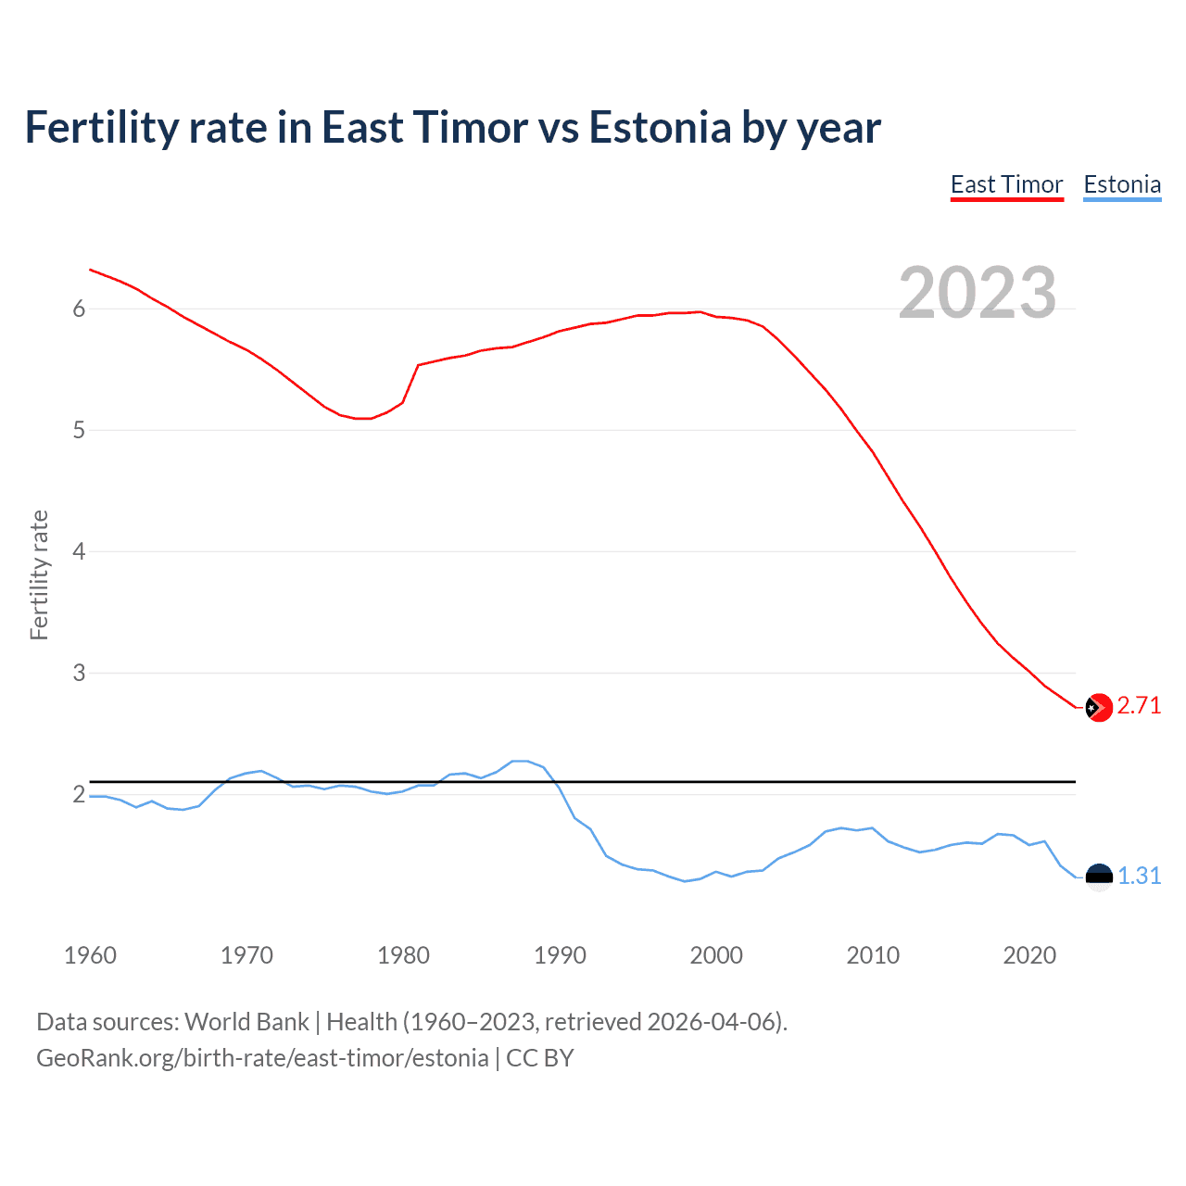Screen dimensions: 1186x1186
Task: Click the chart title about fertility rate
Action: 452,128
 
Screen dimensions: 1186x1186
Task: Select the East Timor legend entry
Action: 1006,185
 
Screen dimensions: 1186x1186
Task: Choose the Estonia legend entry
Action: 1122,185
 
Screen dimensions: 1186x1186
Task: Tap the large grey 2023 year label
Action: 977,293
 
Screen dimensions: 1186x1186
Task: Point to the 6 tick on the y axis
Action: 79,309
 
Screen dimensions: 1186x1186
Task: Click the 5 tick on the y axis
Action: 79,430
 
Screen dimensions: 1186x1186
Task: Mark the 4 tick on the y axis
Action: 79,551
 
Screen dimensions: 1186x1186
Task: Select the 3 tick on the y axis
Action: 79,673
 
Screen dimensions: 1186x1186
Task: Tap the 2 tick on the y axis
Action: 79,794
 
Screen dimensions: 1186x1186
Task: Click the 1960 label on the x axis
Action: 90,955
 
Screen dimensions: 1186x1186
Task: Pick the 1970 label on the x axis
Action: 246,955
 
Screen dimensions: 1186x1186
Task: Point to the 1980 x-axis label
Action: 403,955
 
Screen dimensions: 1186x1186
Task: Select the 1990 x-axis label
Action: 560,955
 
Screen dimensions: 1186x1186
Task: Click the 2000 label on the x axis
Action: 716,955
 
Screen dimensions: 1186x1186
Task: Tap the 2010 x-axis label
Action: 873,955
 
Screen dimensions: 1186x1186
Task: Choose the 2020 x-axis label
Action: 1029,955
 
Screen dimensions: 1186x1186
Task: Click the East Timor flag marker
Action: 1098,707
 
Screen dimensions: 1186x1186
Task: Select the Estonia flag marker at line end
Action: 1098,877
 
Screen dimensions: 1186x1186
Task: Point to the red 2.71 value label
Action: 1139,706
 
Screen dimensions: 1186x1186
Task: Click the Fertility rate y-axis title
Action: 39,574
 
